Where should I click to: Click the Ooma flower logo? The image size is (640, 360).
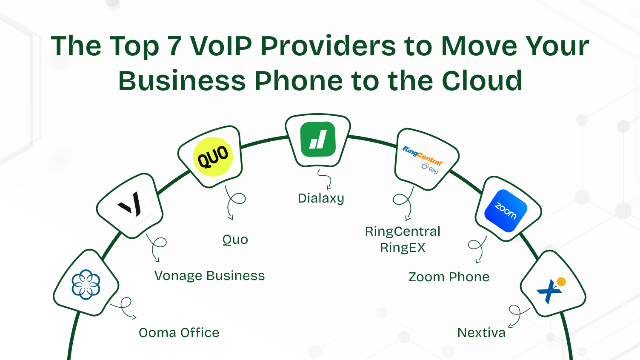tap(86, 284)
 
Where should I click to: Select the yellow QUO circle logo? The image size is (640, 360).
tap(213, 157)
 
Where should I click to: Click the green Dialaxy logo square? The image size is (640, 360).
tap(318, 139)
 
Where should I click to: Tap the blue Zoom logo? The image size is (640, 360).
tap(506, 211)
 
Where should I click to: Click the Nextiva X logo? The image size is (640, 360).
tap(550, 291)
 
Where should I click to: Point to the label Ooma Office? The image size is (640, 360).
tap(179, 332)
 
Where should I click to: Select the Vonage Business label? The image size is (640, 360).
tap(209, 276)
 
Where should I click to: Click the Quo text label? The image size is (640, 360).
tap(235, 240)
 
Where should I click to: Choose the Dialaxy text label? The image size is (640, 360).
tap(321, 198)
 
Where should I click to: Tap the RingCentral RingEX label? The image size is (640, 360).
tap(403, 239)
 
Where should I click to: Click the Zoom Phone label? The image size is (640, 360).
tap(449, 277)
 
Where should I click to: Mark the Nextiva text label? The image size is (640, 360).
tap(481, 332)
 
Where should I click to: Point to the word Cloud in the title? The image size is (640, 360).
tap(482, 81)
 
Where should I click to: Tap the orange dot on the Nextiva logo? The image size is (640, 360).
tap(561, 282)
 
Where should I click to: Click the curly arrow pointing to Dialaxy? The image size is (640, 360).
tap(325, 179)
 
